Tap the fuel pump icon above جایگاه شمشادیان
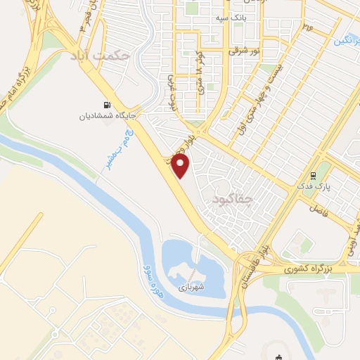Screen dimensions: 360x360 coord(105,103)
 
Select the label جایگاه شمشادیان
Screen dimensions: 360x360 coord(105,115)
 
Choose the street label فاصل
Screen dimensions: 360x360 coord(318,209)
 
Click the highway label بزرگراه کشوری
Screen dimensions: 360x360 coord(307,269)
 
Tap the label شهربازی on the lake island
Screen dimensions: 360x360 coord(190,287)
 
